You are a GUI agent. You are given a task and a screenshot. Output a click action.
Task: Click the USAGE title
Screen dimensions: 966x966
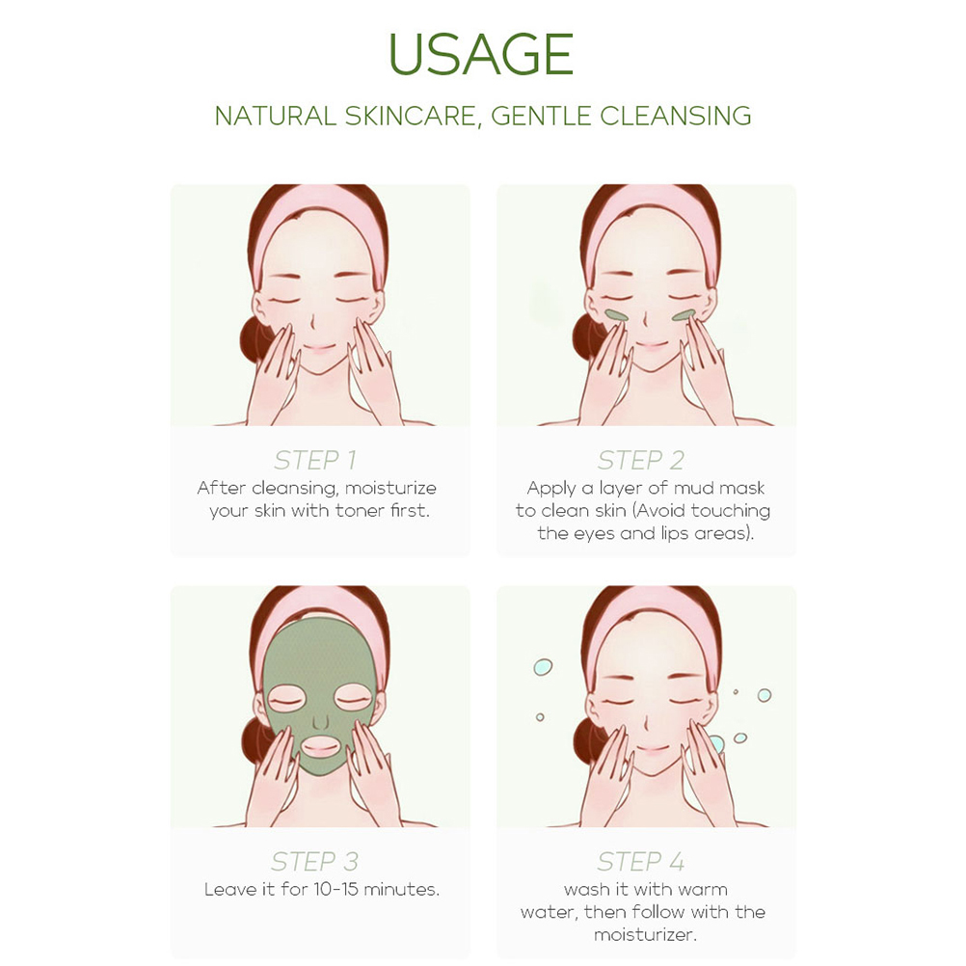click(481, 54)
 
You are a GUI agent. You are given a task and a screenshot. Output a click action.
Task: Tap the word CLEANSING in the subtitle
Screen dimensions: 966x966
click(676, 116)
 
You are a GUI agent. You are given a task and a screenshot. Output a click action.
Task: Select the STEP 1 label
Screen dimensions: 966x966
click(315, 460)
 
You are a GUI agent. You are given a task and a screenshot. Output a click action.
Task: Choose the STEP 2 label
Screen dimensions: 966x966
click(641, 460)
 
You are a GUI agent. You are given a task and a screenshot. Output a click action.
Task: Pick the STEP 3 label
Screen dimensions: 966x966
click(315, 861)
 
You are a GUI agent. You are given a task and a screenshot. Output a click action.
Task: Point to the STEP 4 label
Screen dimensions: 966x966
click(641, 861)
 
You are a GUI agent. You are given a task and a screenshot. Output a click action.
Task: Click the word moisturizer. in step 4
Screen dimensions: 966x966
click(645, 935)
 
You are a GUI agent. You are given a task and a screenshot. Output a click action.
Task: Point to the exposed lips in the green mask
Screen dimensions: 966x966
click(320, 747)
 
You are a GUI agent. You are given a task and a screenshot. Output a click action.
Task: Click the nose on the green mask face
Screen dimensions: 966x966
click(320, 721)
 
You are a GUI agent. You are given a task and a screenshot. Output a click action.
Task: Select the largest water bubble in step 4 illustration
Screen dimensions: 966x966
click(715, 744)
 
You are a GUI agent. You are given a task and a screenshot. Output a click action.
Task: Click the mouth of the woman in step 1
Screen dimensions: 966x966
click(318, 348)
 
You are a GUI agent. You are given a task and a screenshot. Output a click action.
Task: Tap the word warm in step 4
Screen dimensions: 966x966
click(704, 890)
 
